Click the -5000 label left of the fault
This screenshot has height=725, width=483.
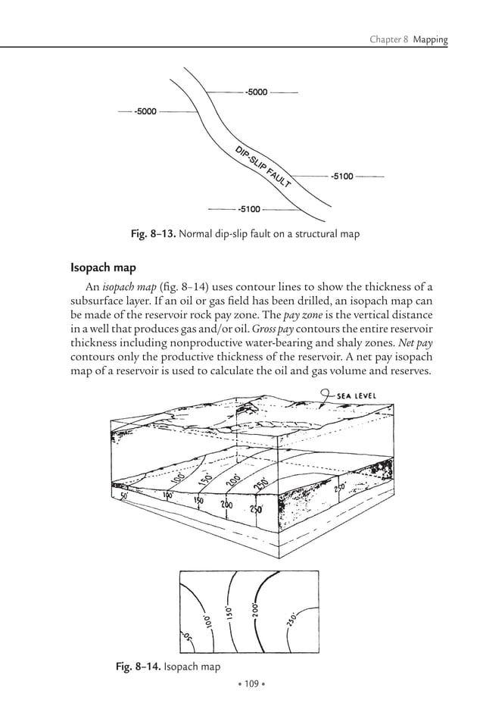(145, 111)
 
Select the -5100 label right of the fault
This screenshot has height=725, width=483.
(341, 177)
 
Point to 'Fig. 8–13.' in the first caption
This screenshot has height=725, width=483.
(155, 234)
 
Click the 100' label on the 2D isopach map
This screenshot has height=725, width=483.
(207, 621)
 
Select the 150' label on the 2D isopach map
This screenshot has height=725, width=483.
(228, 611)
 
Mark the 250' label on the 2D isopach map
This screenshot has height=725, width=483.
(292, 621)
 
